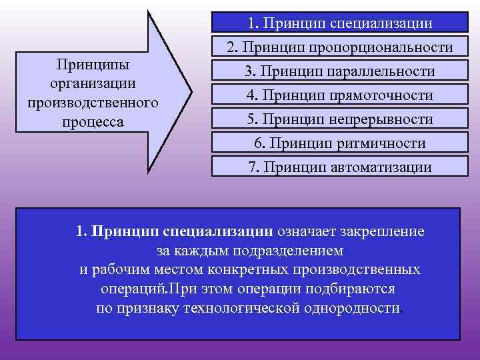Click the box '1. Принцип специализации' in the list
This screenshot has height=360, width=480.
point(339,23)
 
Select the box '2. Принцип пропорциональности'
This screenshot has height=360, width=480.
point(339,47)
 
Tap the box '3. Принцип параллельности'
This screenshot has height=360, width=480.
point(339,71)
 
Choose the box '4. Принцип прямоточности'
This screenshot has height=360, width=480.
point(339,95)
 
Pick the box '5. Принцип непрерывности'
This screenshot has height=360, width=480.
point(339,119)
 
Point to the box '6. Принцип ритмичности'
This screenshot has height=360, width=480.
point(339,143)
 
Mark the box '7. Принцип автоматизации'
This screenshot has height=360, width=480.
point(339,167)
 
